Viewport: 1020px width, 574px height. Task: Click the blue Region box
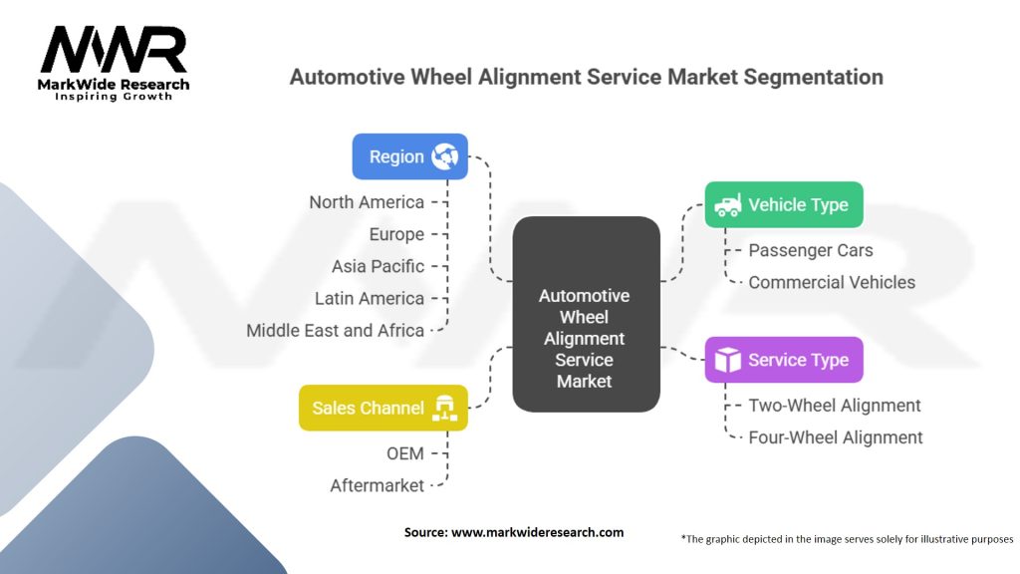409,156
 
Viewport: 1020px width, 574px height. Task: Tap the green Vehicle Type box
784,204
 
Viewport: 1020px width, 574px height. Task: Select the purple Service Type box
784,360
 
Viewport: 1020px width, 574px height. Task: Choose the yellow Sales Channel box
383,408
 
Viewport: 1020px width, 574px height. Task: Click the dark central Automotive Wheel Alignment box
586,314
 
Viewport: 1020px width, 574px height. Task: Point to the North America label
367,202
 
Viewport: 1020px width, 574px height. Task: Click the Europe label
396,234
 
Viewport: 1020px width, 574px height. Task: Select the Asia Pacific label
378,266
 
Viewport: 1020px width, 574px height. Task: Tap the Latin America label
370,298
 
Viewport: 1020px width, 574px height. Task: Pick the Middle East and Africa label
335,331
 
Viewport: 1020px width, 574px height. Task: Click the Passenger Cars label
811,250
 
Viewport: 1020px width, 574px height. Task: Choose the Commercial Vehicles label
832,282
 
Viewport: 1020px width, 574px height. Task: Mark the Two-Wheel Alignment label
835,406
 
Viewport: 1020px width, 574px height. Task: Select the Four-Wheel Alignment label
836,437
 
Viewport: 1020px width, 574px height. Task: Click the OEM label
405,453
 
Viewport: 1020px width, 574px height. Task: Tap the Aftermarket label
377,485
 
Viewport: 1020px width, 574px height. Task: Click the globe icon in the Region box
445,156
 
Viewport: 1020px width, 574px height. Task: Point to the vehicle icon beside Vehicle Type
727,205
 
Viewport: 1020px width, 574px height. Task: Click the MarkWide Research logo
114,63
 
